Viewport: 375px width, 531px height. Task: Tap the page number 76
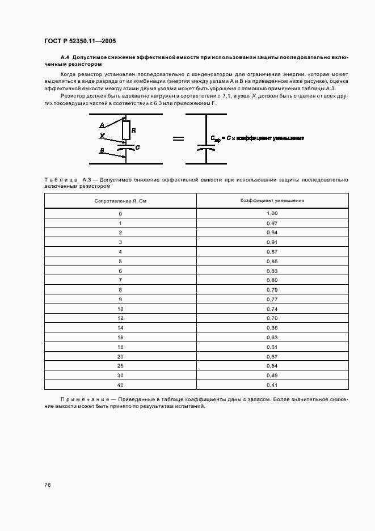pos(47,484)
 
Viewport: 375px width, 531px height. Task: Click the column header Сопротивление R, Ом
pos(120,201)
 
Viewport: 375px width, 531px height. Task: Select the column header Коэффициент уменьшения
pos(272,201)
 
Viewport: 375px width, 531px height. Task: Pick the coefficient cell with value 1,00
pos(272,213)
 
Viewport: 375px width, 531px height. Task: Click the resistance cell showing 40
pos(120,385)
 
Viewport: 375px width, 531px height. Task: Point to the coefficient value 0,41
pos(272,385)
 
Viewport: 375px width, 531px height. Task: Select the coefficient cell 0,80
pos(272,280)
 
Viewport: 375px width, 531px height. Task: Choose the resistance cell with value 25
pos(120,366)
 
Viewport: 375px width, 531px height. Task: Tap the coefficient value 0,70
pos(272,318)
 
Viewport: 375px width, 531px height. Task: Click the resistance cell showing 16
pos(120,338)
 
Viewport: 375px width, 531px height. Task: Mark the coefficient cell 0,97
pos(272,223)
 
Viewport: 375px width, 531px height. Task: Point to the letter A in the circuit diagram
pos(102,125)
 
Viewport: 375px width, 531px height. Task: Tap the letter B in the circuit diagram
pos(102,150)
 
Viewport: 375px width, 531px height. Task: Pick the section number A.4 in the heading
pos(64,58)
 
